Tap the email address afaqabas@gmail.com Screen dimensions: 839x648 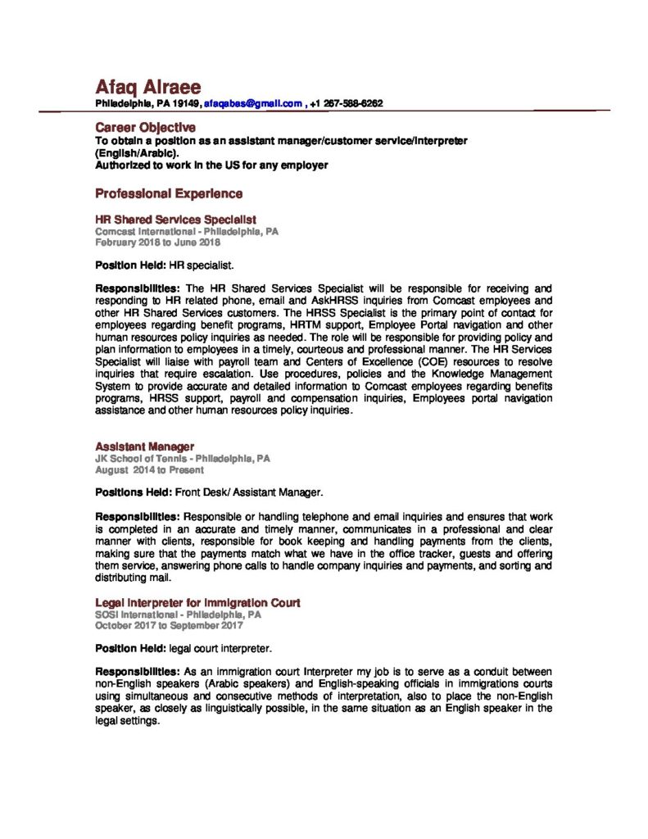tap(253, 104)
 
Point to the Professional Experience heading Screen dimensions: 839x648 tap(169, 194)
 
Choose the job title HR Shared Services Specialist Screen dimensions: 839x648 tap(176, 220)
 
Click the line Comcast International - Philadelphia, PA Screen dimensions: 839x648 tap(187, 232)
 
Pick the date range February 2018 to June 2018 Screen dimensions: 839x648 tap(158, 243)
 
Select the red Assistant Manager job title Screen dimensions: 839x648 tap(145, 447)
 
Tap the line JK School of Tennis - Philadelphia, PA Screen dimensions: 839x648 tap(183, 459)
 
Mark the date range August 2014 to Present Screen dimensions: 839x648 tap(150, 470)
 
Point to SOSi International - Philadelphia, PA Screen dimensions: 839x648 tap(179, 614)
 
